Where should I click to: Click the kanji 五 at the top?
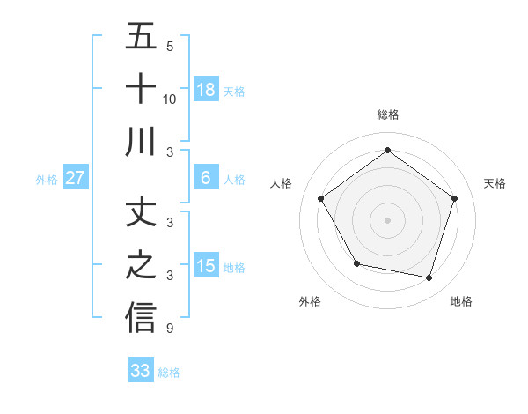click(x=141, y=37)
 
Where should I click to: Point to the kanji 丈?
click(x=141, y=212)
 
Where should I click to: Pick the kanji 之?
click(x=141, y=265)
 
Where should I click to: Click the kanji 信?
click(x=141, y=318)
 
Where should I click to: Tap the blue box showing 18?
click(x=206, y=89)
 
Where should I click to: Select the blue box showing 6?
click(x=206, y=178)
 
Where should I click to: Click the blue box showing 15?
click(x=206, y=266)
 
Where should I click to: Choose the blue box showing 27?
click(x=76, y=178)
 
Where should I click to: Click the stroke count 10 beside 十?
click(x=170, y=99)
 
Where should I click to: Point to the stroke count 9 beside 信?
click(x=170, y=329)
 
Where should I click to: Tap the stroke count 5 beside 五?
click(x=170, y=47)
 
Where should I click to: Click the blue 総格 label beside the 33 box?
click(x=169, y=373)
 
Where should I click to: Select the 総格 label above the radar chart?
click(x=387, y=115)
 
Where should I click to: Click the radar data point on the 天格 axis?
click(x=454, y=198)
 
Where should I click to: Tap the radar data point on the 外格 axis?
click(x=356, y=263)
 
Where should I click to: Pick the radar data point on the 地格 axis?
click(x=429, y=277)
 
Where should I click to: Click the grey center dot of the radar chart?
click(x=387, y=219)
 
